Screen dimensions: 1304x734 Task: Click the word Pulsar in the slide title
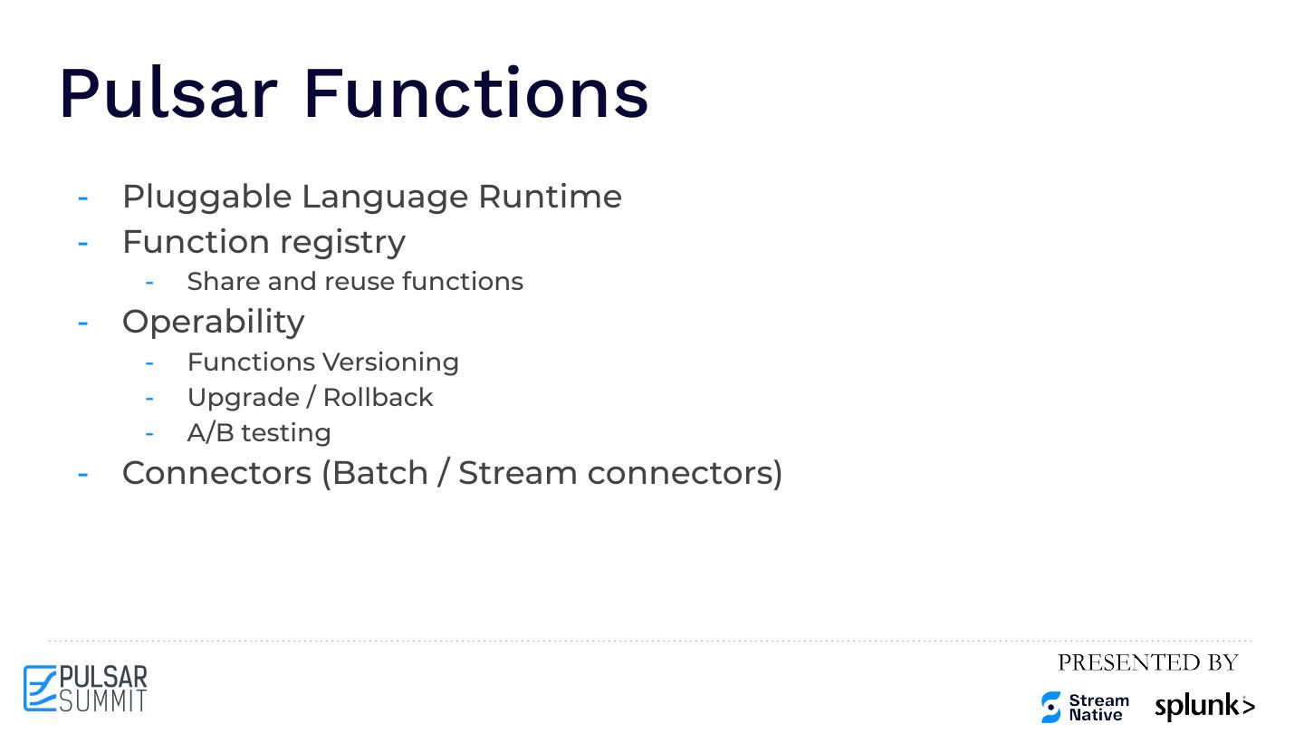click(x=168, y=93)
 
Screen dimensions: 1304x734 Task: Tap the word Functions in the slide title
click(x=475, y=93)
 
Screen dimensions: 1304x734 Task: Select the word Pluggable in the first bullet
click(x=206, y=198)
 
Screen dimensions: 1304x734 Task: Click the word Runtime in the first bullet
click(x=550, y=197)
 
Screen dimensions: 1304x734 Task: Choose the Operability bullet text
click(x=213, y=323)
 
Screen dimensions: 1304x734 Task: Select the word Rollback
click(x=378, y=398)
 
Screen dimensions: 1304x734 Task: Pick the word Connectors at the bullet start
click(x=216, y=473)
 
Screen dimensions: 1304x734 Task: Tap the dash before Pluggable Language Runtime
click(x=83, y=198)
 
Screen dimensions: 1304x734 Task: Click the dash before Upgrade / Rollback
click(x=149, y=398)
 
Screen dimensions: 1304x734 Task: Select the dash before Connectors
click(x=83, y=473)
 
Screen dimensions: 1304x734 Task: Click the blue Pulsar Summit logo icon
click(x=40, y=689)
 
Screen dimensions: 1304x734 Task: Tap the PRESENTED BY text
click(x=1147, y=663)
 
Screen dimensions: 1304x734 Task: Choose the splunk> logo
click(x=1204, y=707)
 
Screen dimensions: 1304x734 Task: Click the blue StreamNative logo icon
click(x=1050, y=707)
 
